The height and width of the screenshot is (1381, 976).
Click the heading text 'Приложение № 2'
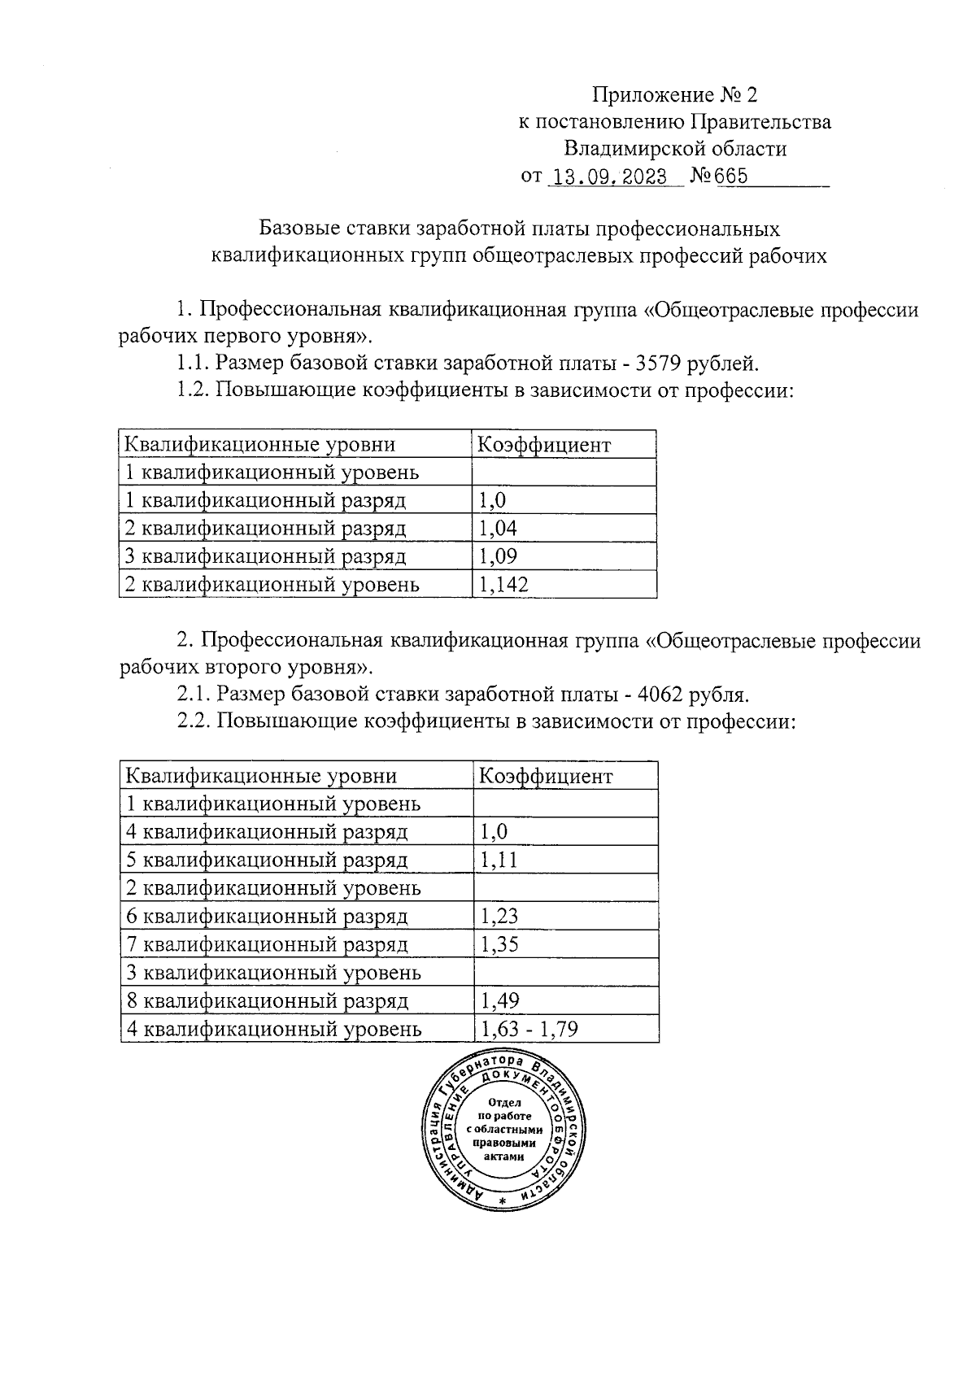(x=674, y=95)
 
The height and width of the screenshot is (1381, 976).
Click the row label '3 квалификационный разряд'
(x=264, y=556)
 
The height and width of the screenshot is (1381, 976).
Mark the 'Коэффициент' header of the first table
(x=542, y=445)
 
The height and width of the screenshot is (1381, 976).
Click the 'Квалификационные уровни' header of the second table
(x=261, y=776)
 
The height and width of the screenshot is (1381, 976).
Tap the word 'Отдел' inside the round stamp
(x=503, y=1102)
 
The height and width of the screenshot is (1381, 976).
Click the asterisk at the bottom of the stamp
(x=503, y=1202)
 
